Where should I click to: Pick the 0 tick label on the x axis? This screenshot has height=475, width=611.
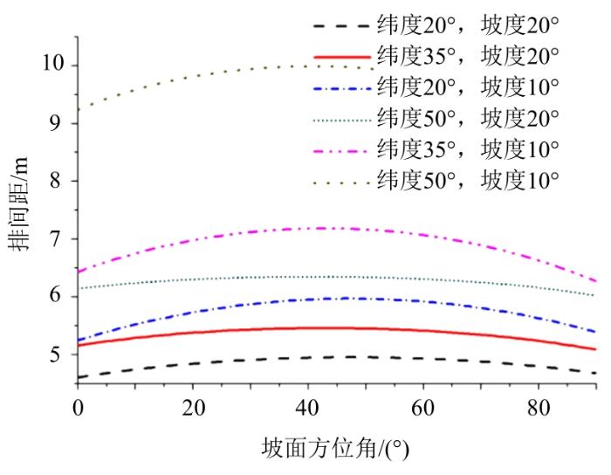pyautogui.click(x=78, y=407)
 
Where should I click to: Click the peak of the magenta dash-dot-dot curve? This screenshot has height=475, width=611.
pyautogui.click(x=327, y=228)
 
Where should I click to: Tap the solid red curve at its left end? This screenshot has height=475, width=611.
pyautogui.click(x=79, y=345)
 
